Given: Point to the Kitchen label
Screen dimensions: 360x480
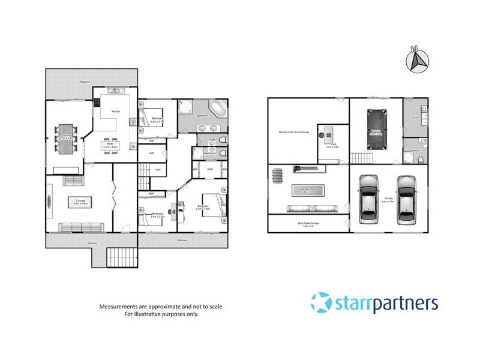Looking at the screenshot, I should (x=116, y=112).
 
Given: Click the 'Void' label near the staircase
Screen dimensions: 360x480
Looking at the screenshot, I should (x=158, y=170).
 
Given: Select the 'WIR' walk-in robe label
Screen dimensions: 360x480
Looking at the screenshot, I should (x=209, y=170).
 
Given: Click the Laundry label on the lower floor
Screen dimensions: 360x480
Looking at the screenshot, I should (x=414, y=118).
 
